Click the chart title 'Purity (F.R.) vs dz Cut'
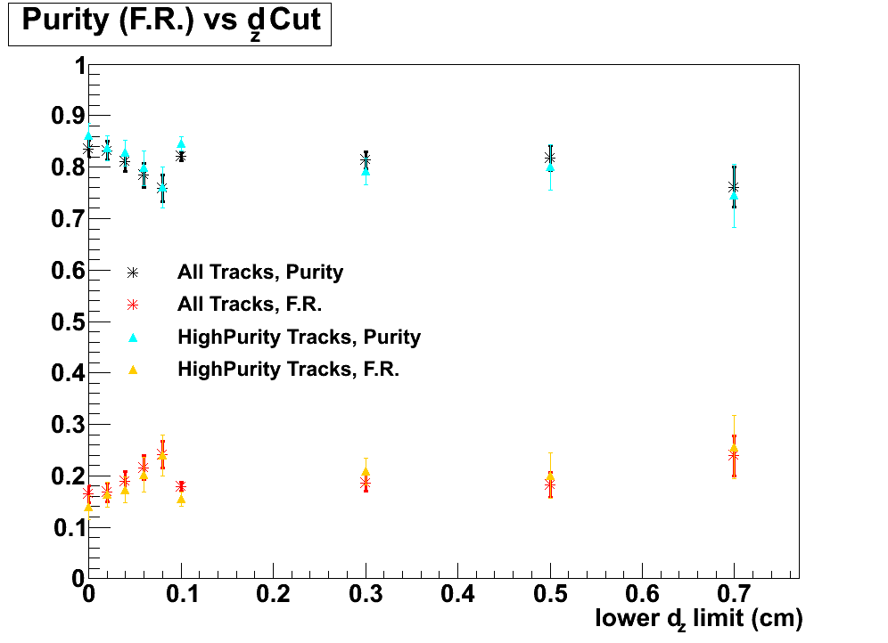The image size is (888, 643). tap(169, 22)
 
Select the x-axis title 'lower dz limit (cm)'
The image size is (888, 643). tap(699, 617)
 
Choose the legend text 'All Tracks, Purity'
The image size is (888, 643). tap(260, 272)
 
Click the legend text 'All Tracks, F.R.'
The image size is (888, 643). tap(249, 304)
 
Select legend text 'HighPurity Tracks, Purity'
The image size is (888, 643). tap(299, 337)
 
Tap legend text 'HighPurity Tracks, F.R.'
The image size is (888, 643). tap(288, 369)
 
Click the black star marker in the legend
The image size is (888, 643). tap(132, 272)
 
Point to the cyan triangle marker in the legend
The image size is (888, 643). tap(132, 337)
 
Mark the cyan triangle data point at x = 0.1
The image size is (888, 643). tap(181, 143)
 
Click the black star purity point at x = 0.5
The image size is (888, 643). tap(550, 158)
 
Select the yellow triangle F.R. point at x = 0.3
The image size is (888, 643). tap(366, 471)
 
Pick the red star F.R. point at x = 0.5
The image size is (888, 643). tap(550, 485)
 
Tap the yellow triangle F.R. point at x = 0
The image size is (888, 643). tap(88, 506)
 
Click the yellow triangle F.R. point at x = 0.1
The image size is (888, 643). tap(181, 499)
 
